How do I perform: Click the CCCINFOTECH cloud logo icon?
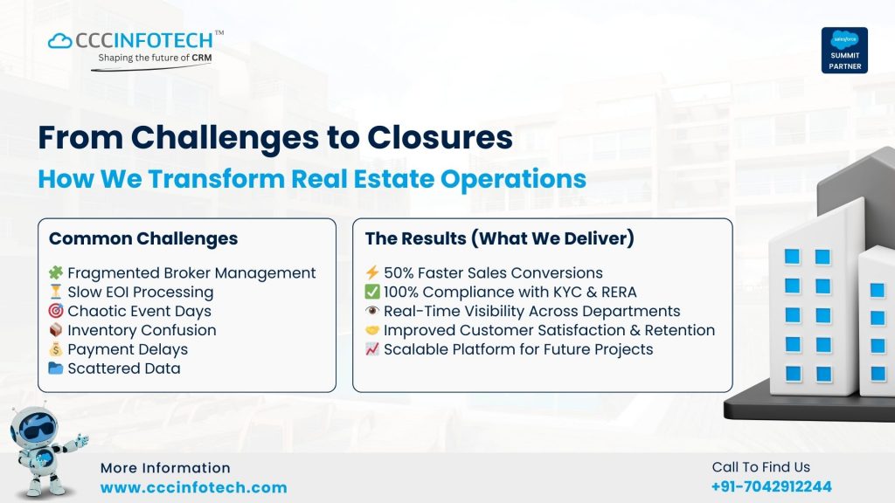pyautogui.click(x=60, y=40)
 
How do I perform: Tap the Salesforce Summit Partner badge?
pyautogui.click(x=843, y=50)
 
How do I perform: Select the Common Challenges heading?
pyautogui.click(x=142, y=238)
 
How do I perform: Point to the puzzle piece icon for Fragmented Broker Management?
pyautogui.click(x=56, y=272)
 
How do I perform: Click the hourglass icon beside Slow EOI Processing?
pyautogui.click(x=56, y=292)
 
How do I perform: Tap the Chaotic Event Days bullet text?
pyautogui.click(x=139, y=311)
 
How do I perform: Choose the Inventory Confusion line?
pyautogui.click(x=142, y=330)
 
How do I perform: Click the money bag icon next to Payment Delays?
pyautogui.click(x=56, y=349)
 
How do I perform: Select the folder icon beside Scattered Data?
pyautogui.click(x=56, y=369)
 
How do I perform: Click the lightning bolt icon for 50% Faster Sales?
pyautogui.click(x=371, y=272)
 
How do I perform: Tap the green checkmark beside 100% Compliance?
pyautogui.click(x=371, y=292)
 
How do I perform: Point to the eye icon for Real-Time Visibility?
pyautogui.click(x=371, y=311)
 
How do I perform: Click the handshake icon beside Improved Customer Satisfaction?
pyautogui.click(x=371, y=330)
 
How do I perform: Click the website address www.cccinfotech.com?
pyautogui.click(x=193, y=488)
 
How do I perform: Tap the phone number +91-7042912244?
pyautogui.click(x=771, y=486)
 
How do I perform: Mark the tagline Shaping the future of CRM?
pyautogui.click(x=154, y=58)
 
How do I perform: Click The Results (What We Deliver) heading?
pyautogui.click(x=499, y=238)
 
